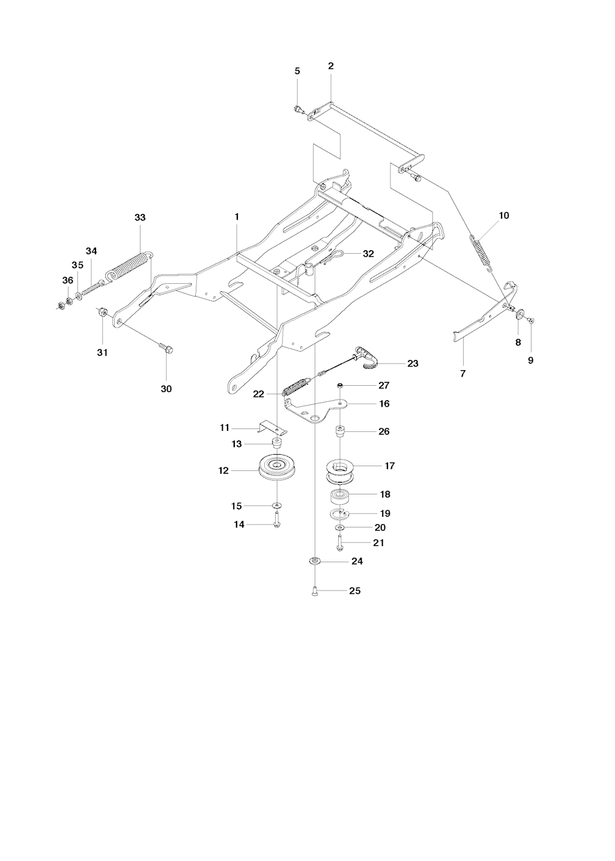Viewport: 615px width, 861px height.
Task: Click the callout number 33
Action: click(140, 218)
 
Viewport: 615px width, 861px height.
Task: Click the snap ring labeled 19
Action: click(339, 514)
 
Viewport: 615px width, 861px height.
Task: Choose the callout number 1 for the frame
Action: click(237, 217)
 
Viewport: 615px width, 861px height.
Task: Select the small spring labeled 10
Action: click(480, 253)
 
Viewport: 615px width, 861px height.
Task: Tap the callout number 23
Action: click(413, 363)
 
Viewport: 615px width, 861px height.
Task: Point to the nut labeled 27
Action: click(340, 385)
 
